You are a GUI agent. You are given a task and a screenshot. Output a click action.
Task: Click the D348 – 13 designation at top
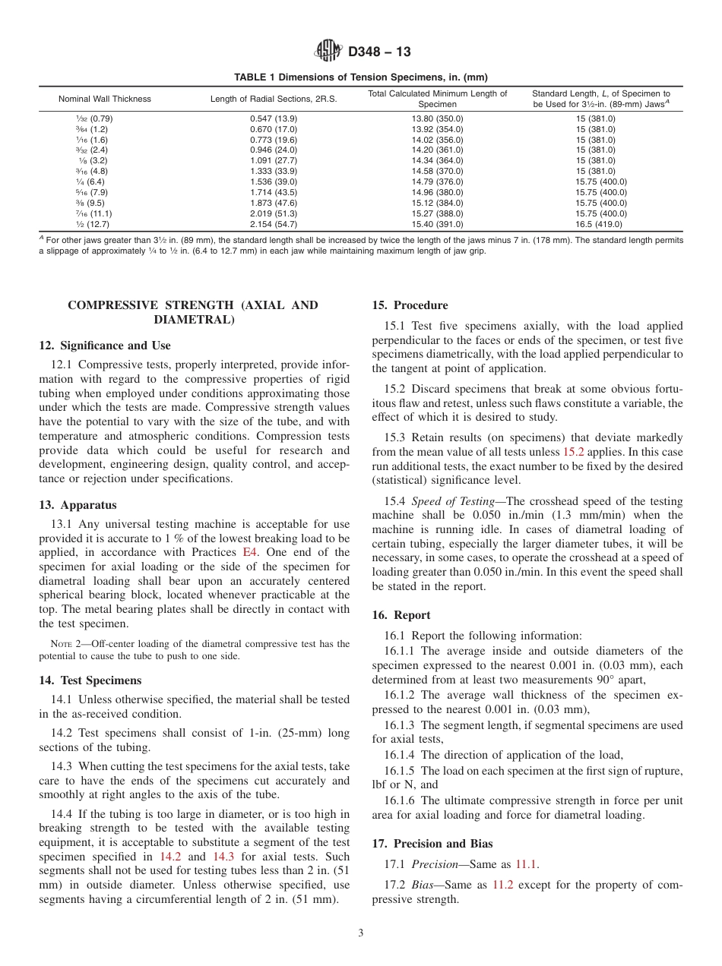click(379, 52)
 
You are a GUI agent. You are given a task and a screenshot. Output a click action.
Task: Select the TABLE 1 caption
click(360, 77)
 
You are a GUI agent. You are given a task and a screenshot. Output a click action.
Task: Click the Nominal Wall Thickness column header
click(105, 99)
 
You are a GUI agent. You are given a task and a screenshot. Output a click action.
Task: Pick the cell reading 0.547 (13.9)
click(274, 118)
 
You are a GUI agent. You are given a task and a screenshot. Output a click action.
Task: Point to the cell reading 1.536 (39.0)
click(274, 182)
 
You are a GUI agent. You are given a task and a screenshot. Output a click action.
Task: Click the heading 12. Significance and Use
click(105, 346)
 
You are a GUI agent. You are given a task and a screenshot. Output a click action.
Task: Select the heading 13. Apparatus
click(78, 505)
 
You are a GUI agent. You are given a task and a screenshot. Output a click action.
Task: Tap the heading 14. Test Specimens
click(90, 680)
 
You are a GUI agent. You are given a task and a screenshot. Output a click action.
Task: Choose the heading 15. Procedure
click(410, 305)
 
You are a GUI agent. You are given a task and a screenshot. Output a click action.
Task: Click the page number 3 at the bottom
click(361, 933)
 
